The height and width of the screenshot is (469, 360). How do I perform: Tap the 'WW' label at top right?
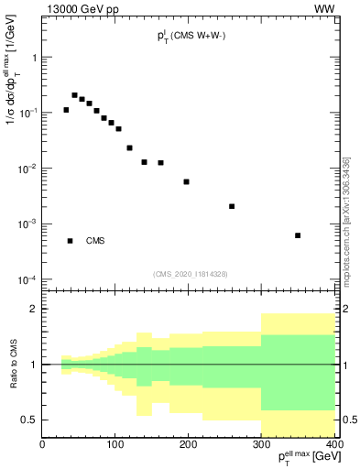(324, 9)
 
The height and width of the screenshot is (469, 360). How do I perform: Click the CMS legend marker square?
(70, 241)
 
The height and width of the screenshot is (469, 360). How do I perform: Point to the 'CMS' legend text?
(95, 241)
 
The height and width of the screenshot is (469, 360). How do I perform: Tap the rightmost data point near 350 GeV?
(298, 235)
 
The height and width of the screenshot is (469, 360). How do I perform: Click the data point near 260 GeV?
(232, 206)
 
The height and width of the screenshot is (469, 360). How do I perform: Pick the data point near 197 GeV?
(186, 181)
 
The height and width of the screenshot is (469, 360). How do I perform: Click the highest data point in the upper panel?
(74, 94)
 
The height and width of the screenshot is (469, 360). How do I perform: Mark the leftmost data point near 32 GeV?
(66, 110)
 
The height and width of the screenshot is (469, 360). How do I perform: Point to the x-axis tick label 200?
(189, 445)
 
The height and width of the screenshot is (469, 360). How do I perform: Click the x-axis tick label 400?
(334, 445)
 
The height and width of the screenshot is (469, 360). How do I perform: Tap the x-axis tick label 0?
(43, 445)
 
